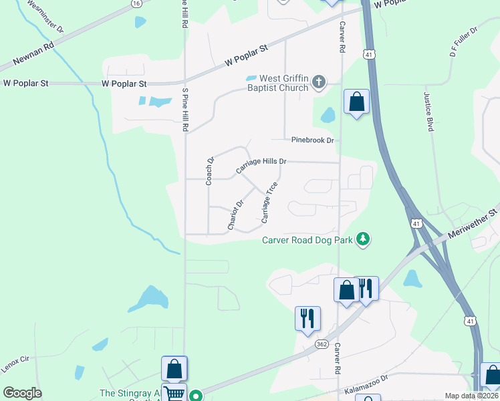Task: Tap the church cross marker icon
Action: click(319, 83)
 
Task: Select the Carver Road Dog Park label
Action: click(307, 239)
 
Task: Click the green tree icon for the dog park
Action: click(363, 239)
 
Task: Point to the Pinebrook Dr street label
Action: click(312, 140)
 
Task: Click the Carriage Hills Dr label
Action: click(261, 166)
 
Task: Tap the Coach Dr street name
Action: click(209, 170)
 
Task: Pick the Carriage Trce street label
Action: click(269, 202)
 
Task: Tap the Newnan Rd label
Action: click(37, 57)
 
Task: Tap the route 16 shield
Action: click(136, 3)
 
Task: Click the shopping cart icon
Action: click(174, 394)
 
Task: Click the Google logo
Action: click(22, 393)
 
